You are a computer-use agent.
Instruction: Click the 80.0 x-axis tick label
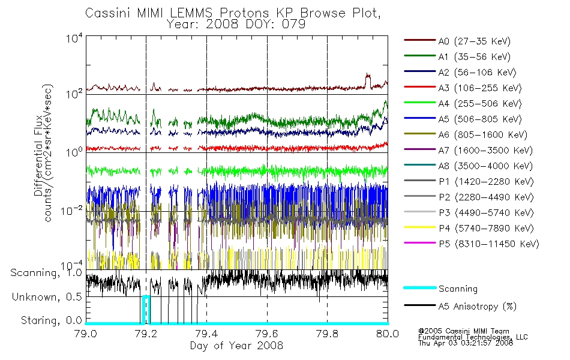point(388,334)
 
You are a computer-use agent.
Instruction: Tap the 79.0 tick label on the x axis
point(86,334)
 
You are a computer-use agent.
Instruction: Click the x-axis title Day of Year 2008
point(236,346)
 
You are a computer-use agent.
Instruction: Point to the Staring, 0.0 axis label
point(51,321)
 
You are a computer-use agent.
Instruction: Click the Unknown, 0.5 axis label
point(47,297)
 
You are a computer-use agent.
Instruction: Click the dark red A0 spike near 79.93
point(368,80)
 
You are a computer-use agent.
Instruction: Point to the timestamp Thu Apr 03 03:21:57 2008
point(466,343)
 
